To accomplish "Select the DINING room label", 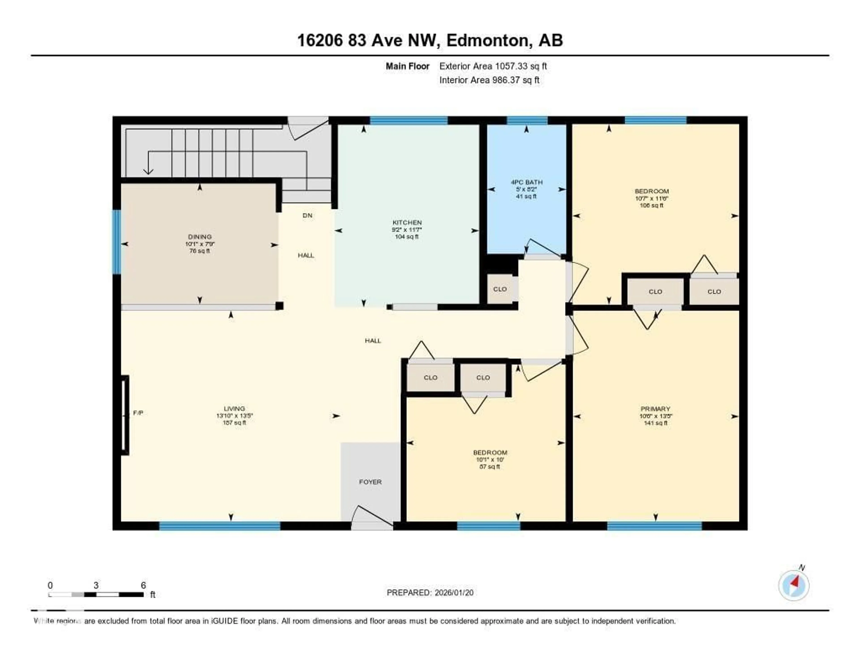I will pos(200,237).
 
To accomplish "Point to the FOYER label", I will pos(370,482).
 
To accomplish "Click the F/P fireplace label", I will pos(138,413).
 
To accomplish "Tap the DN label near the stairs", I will pos(307,215).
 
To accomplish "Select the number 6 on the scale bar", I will pos(143,585).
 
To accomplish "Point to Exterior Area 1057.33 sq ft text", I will pos(493,66).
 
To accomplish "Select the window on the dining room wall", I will pos(116,242).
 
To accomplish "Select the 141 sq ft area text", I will pos(655,423).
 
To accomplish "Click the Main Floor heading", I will pos(407,66).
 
